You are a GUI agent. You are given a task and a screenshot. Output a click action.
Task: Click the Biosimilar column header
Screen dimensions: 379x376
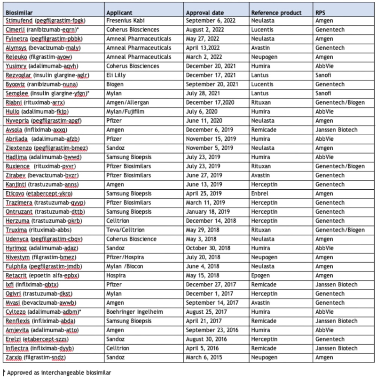18,12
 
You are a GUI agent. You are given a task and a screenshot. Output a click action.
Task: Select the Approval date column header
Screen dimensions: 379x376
206,12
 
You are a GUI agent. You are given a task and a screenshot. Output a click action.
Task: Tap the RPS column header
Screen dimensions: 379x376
323,12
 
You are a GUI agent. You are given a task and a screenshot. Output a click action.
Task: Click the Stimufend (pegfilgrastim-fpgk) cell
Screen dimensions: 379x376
43,20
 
